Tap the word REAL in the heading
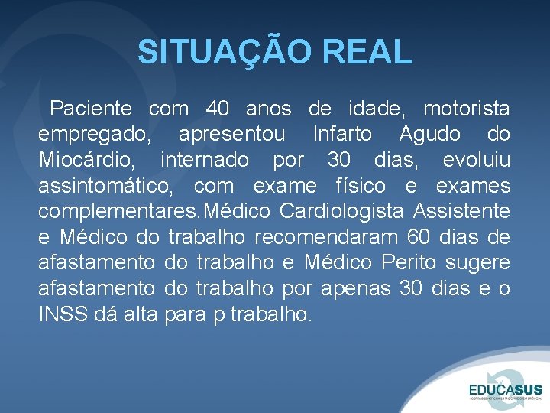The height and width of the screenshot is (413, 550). click(x=367, y=53)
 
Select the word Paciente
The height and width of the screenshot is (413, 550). click(x=91, y=109)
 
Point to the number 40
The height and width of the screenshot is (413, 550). click(x=218, y=109)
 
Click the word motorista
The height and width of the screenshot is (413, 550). click(x=467, y=109)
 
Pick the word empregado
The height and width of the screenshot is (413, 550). click(x=95, y=135)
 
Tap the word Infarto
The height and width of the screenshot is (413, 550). click(x=342, y=135)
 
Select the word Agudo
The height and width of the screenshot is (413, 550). click(x=430, y=135)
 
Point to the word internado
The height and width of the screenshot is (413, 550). click(x=205, y=161)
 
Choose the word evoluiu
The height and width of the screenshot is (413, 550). click(x=476, y=161)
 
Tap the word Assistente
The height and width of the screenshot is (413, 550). click(x=463, y=212)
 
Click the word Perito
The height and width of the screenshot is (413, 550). click(x=410, y=263)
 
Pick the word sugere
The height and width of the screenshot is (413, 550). click(x=479, y=263)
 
